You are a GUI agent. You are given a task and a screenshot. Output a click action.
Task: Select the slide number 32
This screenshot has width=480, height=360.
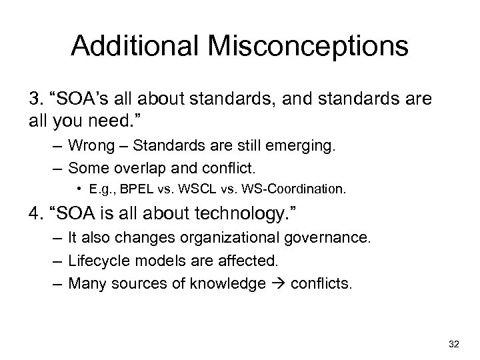(x=455, y=343)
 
